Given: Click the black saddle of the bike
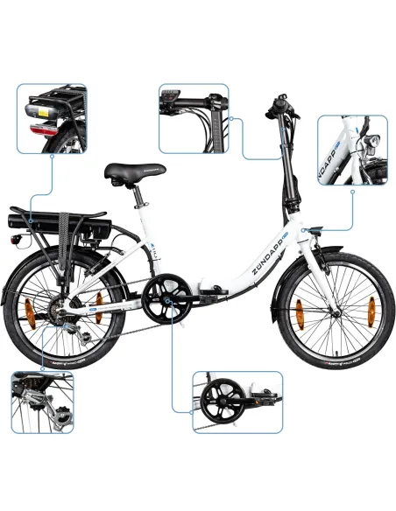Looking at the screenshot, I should tap(127, 172).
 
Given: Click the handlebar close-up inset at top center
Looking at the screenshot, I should tap(194, 118).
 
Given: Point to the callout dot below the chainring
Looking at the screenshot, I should tap(173, 321).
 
